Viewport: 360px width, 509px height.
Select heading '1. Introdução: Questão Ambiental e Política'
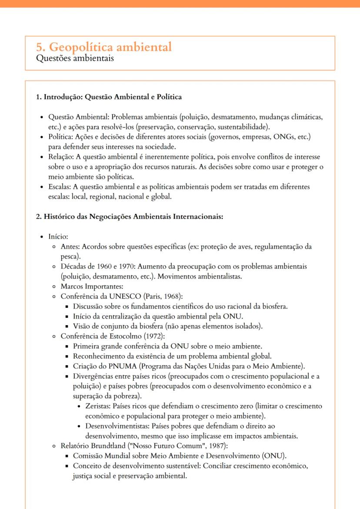click(x=109, y=96)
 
